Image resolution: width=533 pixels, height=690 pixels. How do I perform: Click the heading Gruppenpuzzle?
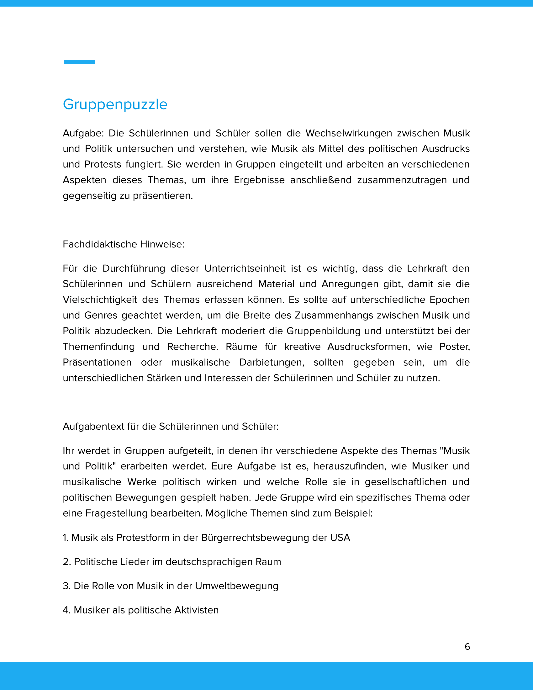coord(115,104)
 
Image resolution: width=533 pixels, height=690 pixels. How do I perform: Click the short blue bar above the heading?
coord(79,62)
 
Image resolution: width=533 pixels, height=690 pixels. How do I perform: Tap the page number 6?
coord(467,646)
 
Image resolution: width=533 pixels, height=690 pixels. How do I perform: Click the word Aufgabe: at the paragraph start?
coord(83,133)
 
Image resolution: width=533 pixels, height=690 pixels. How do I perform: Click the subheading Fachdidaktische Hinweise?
coord(124,244)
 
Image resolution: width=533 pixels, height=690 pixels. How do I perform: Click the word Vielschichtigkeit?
coord(100,300)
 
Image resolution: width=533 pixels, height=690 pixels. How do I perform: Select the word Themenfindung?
coord(98,347)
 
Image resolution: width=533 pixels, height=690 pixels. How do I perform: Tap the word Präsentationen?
coord(97,362)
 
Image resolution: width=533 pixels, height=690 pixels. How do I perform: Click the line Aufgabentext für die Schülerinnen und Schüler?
coord(171,426)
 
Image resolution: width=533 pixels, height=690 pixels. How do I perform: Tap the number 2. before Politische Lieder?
coord(66,562)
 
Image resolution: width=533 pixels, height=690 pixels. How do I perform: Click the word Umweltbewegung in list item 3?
coord(236,586)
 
